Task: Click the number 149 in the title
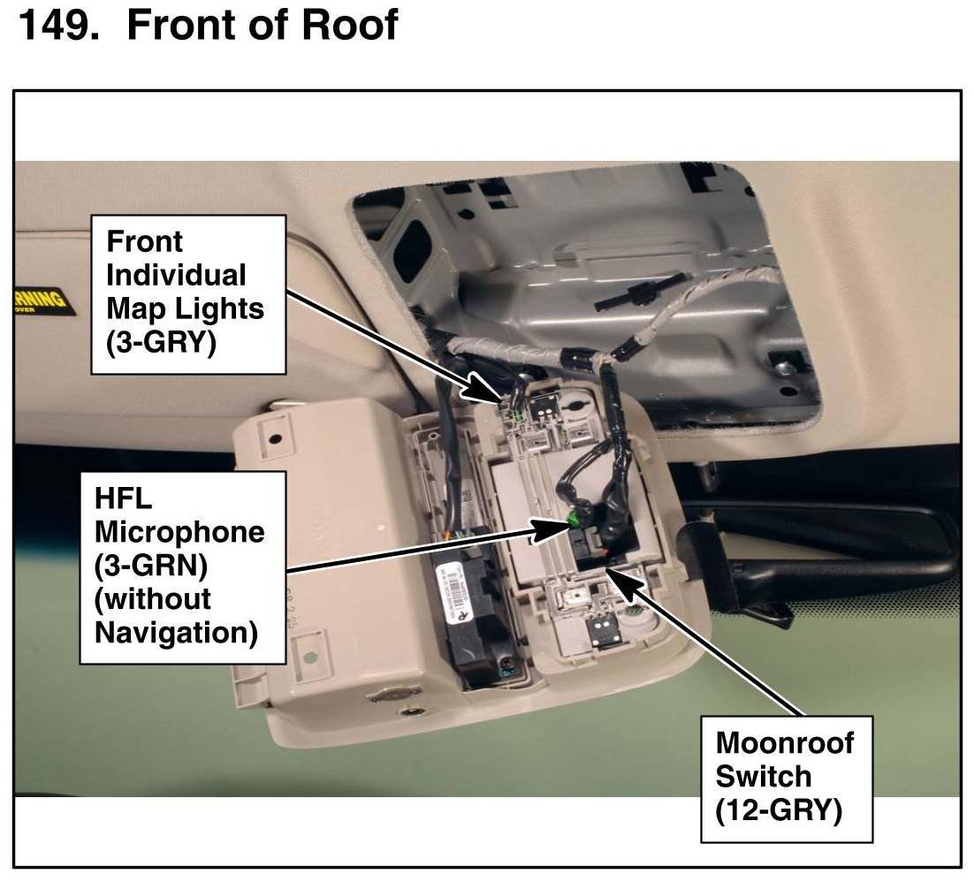pyautogui.click(x=58, y=26)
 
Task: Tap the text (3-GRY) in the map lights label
pyautogui.click(x=162, y=342)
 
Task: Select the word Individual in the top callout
pyautogui.click(x=176, y=275)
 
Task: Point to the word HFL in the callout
pyautogui.click(x=123, y=498)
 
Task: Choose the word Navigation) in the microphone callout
pyautogui.click(x=176, y=633)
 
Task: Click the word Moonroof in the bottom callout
pyautogui.click(x=785, y=742)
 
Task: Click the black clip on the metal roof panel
pyautogui.click(x=633, y=297)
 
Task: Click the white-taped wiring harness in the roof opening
pyautogui.click(x=530, y=344)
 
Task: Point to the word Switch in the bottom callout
pyautogui.click(x=763, y=776)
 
